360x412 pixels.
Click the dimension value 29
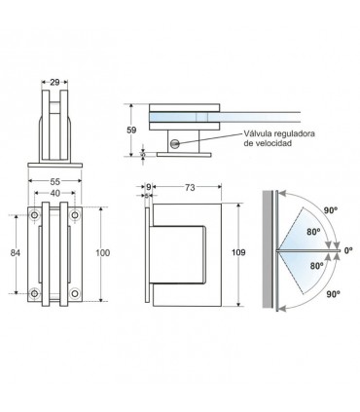(54, 83)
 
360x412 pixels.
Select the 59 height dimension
(131, 131)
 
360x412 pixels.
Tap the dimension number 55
(54, 181)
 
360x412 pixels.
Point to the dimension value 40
(55, 193)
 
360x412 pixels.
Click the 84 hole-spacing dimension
(16, 252)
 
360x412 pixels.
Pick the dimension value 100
(103, 252)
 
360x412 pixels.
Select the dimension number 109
(238, 252)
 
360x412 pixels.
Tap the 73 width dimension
(190, 187)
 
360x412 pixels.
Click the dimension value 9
(149, 187)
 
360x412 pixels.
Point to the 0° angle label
(348, 250)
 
